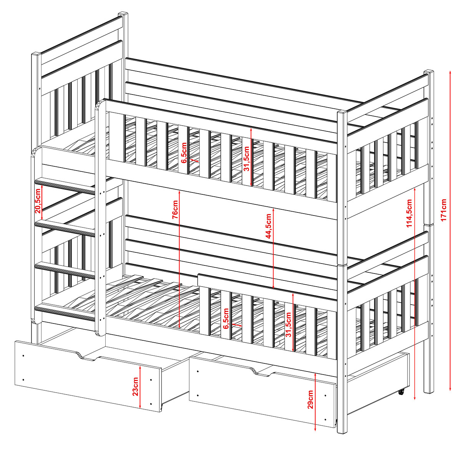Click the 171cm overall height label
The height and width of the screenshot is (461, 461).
[443, 210]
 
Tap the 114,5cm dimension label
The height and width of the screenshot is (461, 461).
[409, 213]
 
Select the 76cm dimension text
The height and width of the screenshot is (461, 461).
[175, 210]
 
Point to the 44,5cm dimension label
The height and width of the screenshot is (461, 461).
[269, 226]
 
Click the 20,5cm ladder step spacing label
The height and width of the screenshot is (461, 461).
[38, 201]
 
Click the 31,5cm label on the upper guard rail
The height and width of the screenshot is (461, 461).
[246, 158]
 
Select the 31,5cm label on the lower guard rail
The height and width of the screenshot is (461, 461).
[289, 324]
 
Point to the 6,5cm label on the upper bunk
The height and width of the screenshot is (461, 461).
[184, 153]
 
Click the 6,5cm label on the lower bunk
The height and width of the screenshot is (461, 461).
[226, 318]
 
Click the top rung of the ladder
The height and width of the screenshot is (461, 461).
[65, 186]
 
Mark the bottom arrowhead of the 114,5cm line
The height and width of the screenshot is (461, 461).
[415, 399]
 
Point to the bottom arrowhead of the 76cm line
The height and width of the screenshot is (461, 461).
[179, 327]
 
